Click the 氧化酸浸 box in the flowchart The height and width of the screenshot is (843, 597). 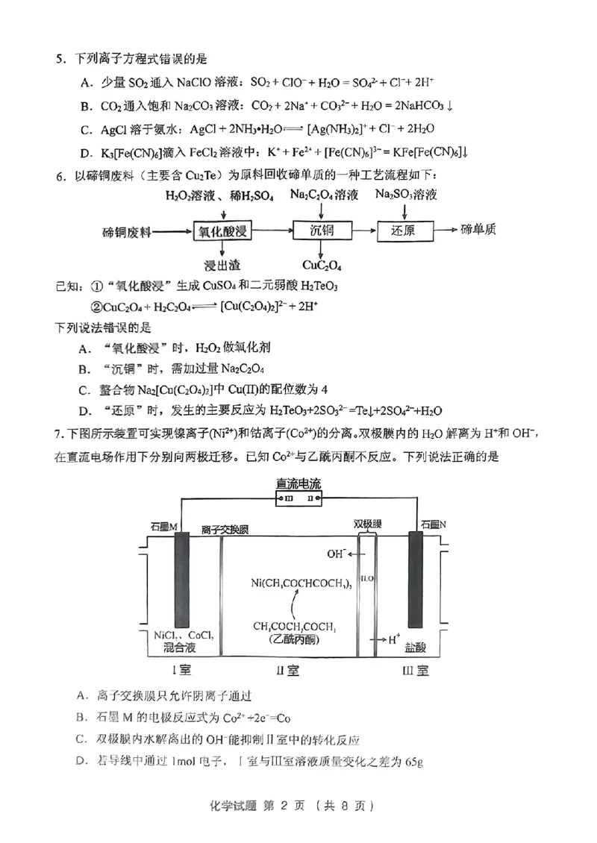click(222, 231)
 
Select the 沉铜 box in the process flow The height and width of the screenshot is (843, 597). click(322, 231)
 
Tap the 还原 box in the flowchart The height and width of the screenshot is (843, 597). click(404, 231)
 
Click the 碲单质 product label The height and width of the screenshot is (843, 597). click(478, 230)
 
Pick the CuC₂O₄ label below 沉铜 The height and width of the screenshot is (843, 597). click(322, 265)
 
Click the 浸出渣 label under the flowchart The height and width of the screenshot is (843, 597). click(221, 265)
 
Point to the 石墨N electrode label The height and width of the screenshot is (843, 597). click(433, 525)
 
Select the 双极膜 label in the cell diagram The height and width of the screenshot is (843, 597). click(366, 523)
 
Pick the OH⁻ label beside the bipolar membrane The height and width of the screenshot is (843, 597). click(337, 554)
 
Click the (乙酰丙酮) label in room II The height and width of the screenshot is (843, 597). click(295, 642)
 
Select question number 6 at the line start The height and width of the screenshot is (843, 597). click(60, 175)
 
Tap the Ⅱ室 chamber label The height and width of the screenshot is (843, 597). click(287, 669)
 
